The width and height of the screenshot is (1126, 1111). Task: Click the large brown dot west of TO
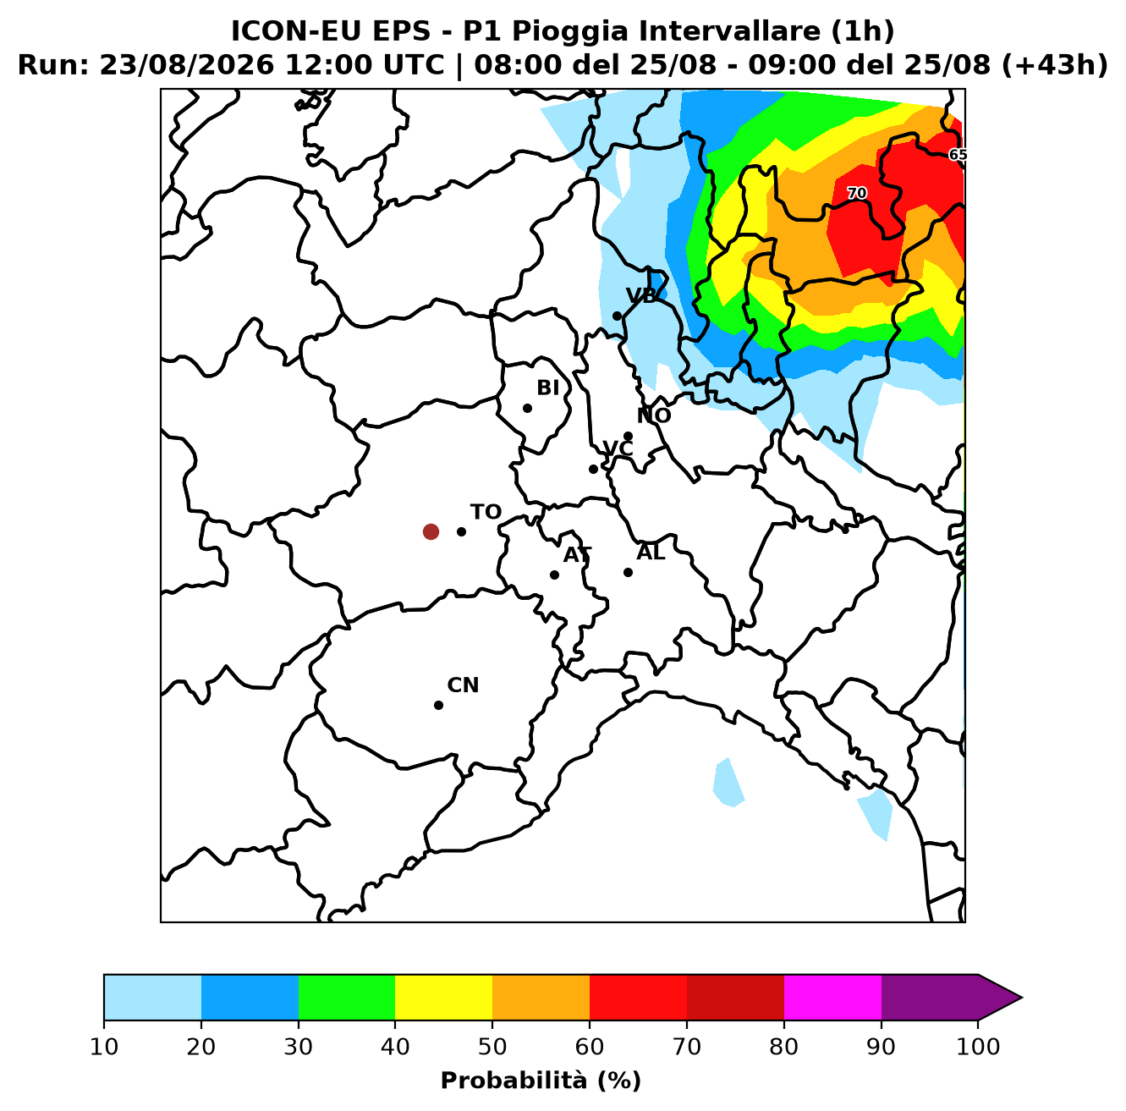click(x=431, y=531)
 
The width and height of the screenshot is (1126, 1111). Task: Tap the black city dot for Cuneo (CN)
click(x=438, y=705)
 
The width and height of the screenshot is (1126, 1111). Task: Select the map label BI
click(x=547, y=388)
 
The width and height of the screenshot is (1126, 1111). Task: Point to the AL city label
click(x=651, y=553)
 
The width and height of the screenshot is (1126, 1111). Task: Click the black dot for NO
click(x=628, y=437)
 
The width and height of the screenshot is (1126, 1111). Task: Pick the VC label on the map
click(x=618, y=448)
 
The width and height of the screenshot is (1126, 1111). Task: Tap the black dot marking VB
click(x=617, y=316)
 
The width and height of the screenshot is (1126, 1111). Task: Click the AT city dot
click(x=554, y=575)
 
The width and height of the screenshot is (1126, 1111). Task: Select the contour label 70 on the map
click(x=857, y=193)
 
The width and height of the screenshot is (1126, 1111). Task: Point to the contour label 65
click(x=957, y=155)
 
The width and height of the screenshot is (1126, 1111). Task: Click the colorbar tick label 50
click(x=492, y=1046)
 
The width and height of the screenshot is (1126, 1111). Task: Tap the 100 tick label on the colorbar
click(x=978, y=1046)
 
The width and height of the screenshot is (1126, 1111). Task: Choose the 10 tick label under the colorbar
click(x=104, y=1046)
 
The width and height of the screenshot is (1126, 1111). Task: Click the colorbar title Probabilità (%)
click(x=541, y=1081)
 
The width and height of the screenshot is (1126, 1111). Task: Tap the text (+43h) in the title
click(x=1055, y=65)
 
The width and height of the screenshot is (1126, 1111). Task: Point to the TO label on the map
click(x=486, y=512)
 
